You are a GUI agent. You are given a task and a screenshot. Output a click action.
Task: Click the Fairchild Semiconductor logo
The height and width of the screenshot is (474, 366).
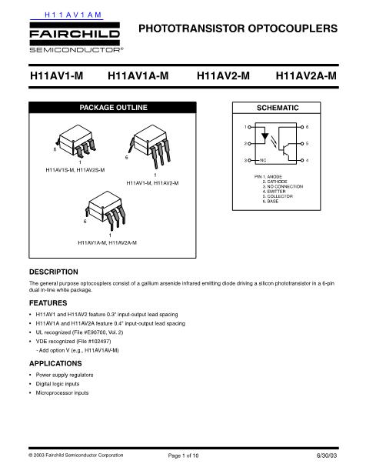click(x=75, y=39)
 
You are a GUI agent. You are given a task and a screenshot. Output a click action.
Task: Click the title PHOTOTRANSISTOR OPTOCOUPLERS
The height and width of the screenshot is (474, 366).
click(x=238, y=29)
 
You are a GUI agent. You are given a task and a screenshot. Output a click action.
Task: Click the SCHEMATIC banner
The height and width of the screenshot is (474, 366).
click(x=276, y=108)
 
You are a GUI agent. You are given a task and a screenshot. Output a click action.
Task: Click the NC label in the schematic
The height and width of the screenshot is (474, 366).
click(x=262, y=160)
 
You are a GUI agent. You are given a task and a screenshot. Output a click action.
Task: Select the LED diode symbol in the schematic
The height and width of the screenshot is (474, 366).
click(x=266, y=143)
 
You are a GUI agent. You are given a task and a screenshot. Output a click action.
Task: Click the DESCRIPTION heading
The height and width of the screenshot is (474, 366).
click(x=53, y=272)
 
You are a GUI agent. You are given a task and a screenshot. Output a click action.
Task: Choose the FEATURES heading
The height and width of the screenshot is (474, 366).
click(x=48, y=304)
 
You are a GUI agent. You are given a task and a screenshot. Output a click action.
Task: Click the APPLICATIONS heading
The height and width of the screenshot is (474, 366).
click(x=55, y=362)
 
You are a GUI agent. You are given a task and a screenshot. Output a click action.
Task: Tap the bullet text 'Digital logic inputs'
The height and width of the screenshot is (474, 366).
click(x=58, y=383)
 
